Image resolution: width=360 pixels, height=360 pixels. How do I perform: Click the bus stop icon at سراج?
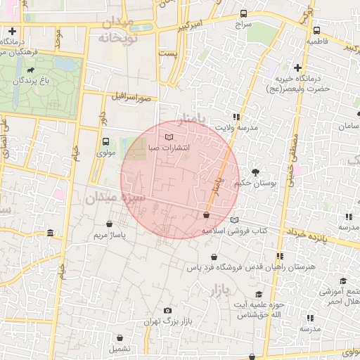pos(244,13)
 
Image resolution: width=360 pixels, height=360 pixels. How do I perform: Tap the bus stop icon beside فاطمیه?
pos(317,31)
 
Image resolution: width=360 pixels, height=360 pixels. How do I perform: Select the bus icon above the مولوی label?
pos(105,141)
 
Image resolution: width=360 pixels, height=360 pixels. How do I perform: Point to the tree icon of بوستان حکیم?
pos(255,172)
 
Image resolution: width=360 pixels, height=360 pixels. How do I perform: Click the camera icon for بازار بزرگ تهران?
pos(167,310)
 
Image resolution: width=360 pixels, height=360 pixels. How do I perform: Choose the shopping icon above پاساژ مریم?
pos(108,224)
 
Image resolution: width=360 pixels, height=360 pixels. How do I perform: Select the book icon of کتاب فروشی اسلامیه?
pos(234,220)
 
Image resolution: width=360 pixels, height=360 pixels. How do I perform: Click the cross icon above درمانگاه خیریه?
pos(298,68)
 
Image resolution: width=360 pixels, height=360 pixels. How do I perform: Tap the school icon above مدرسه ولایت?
pos(236,117)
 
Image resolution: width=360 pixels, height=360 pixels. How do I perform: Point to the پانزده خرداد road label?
pos(310,236)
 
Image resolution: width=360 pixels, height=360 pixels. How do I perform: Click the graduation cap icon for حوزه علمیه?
pos(259,294)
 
